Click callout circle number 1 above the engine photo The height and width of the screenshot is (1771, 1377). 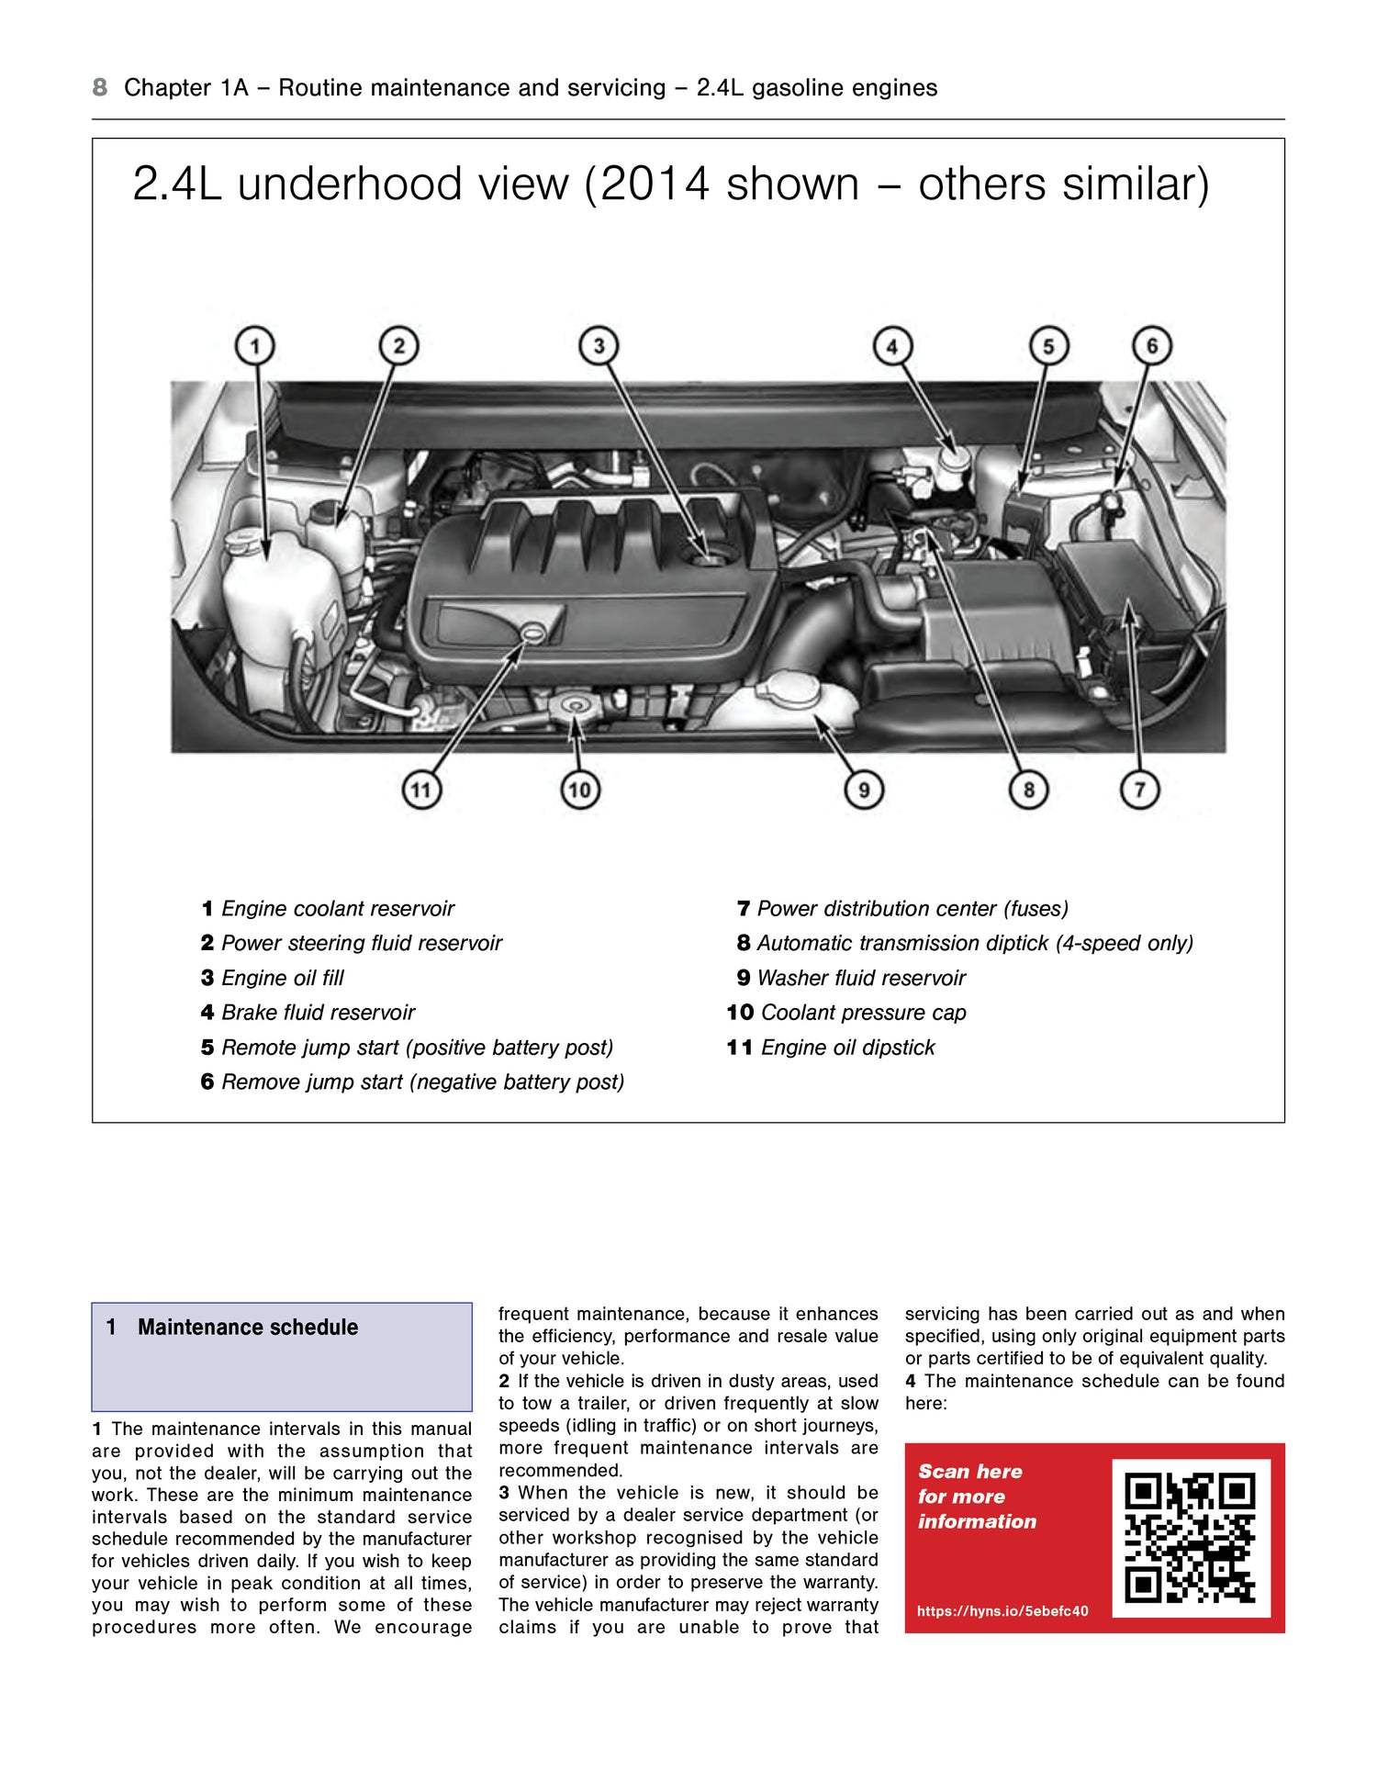pyautogui.click(x=255, y=346)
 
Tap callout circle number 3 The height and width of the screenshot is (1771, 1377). pyautogui.click(x=599, y=346)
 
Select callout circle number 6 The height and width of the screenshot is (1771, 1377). pyautogui.click(x=1152, y=346)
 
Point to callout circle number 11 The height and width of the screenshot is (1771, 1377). pyautogui.click(x=420, y=790)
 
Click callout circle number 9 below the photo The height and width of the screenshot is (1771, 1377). pyautogui.click(x=863, y=790)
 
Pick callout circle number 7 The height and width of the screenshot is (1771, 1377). pyautogui.click(x=1139, y=790)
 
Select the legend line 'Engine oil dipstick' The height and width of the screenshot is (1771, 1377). pyautogui.click(x=831, y=1048)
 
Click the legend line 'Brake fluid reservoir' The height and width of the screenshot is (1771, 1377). pyautogui.click(x=308, y=1013)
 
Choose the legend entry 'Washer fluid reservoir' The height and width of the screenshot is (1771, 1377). pyautogui.click(x=851, y=978)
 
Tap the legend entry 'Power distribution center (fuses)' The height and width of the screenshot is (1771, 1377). pyautogui.click(x=902, y=908)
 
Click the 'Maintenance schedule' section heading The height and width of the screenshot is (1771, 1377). pyautogui.click(x=248, y=1327)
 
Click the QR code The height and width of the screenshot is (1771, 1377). pyautogui.click(x=1191, y=1538)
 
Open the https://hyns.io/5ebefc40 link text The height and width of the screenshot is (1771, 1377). pyautogui.click(x=1002, y=1610)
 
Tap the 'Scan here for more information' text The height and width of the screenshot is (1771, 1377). pyautogui.click(x=976, y=1496)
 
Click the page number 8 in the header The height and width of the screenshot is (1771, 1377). pyautogui.click(x=100, y=87)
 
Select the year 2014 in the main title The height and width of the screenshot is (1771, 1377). pyautogui.click(x=655, y=184)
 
